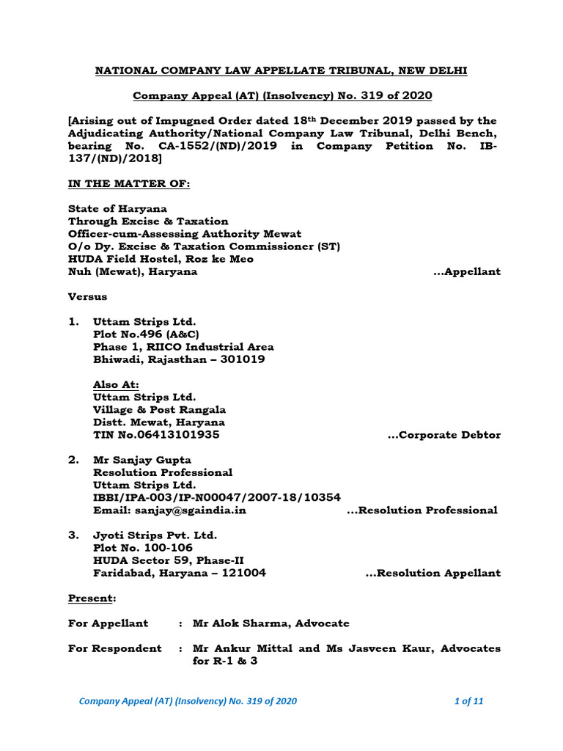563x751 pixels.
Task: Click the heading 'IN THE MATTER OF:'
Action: [129, 183]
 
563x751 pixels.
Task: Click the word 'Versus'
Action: [87, 296]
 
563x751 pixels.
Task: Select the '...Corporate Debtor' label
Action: [444, 435]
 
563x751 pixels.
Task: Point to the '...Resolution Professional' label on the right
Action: [422, 510]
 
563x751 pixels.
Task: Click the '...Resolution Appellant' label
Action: [433, 573]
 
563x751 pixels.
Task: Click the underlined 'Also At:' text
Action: [116, 384]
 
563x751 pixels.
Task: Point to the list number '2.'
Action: [73, 460]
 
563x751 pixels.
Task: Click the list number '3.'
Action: [73, 535]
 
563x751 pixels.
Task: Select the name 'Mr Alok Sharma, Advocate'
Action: [271, 623]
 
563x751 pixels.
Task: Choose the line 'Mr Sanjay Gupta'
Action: [141, 460]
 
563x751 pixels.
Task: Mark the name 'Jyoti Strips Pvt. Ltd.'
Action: [155, 535]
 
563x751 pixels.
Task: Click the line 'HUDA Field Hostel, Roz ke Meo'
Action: [161, 259]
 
